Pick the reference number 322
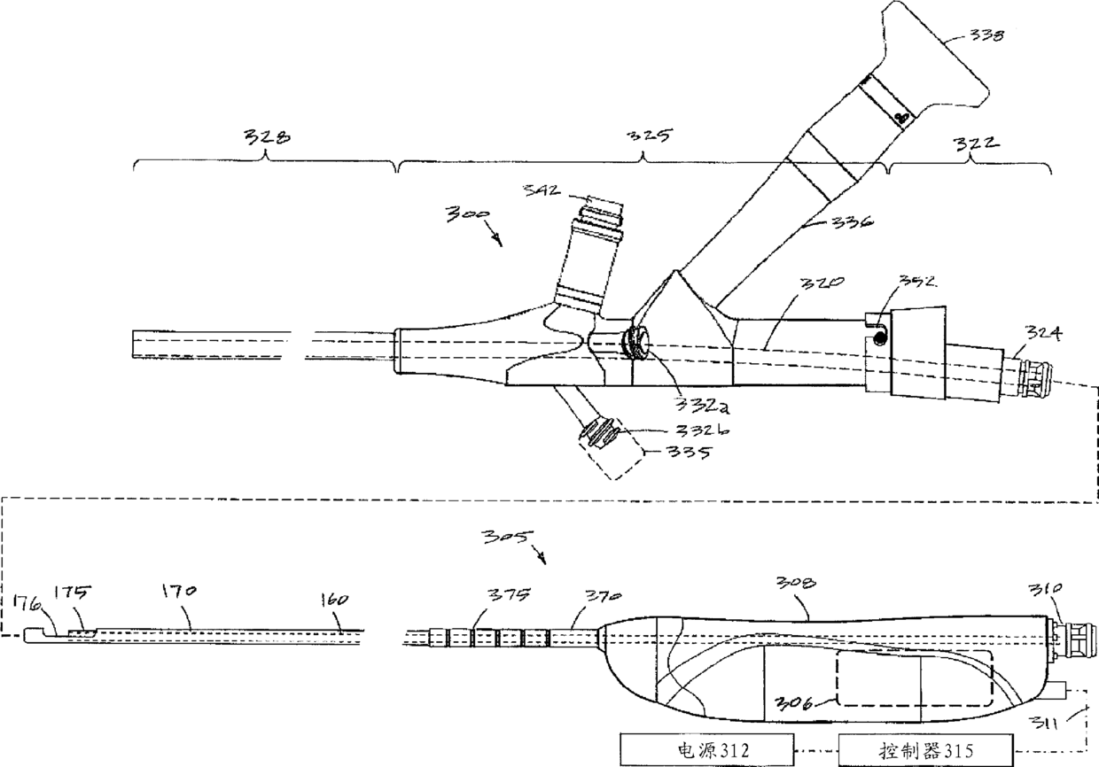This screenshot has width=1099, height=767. [971, 141]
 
